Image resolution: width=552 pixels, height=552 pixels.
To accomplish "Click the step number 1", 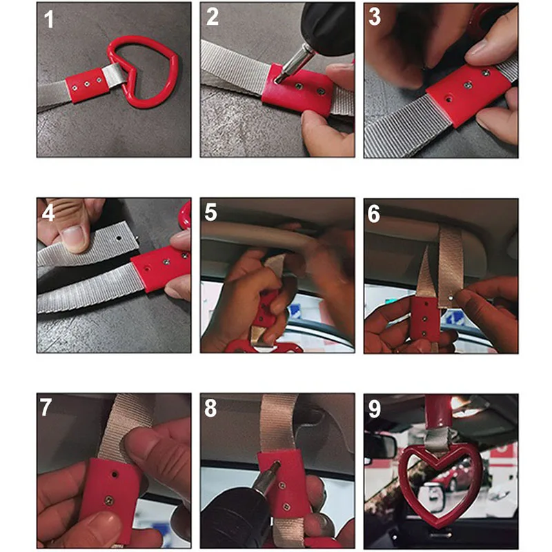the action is pyautogui.click(x=49, y=19).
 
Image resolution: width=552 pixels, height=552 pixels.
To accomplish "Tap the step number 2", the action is pyautogui.click(x=213, y=17).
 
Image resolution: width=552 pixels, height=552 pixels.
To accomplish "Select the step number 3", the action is pyautogui.click(x=375, y=17).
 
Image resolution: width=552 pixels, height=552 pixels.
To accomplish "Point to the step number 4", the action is pyautogui.click(x=48, y=213).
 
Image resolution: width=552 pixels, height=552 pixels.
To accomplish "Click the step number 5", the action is pyautogui.click(x=211, y=213).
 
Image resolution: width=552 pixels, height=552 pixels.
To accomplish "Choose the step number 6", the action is pyautogui.click(x=374, y=214).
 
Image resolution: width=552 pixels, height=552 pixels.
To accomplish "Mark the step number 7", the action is pyautogui.click(x=46, y=408).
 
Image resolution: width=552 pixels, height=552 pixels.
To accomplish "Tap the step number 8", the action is pyautogui.click(x=210, y=408).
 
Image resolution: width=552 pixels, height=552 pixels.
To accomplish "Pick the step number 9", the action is pyautogui.click(x=375, y=409).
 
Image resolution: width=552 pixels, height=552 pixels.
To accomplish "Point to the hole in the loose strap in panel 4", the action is pyautogui.click(x=119, y=238).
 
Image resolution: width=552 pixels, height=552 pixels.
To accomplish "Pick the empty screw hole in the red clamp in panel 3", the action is pyautogui.click(x=449, y=99).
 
